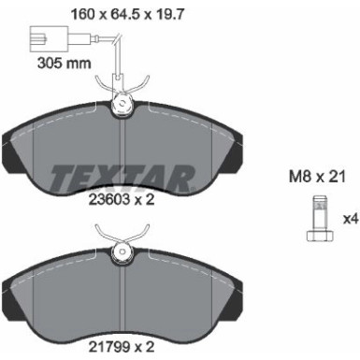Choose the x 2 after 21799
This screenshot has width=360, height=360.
143,347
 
